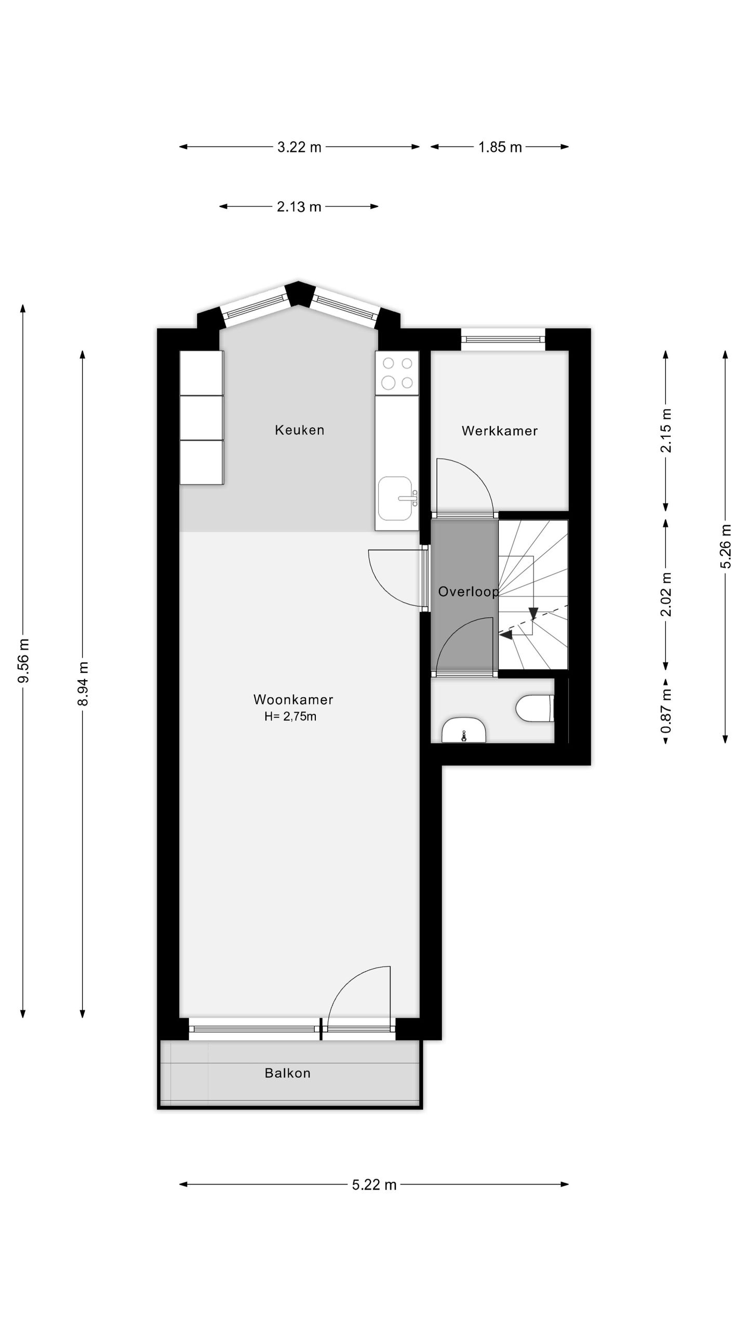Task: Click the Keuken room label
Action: [x=299, y=430]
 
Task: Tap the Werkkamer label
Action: [x=499, y=430]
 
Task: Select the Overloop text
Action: [x=468, y=592]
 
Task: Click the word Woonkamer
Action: [x=293, y=699]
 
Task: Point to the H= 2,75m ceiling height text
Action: [x=290, y=716]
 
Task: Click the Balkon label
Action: [x=287, y=1073]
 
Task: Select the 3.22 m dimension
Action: [x=299, y=147]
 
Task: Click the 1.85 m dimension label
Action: [x=500, y=147]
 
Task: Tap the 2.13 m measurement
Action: [x=299, y=207]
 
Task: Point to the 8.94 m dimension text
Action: [x=83, y=683]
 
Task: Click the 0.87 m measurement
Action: [x=666, y=711]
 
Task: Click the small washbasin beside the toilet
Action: [x=463, y=729]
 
